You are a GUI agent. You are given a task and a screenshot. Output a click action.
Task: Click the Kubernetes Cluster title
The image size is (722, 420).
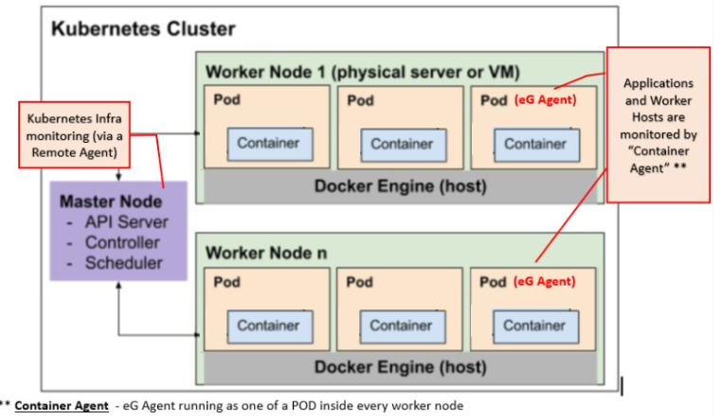tap(143, 28)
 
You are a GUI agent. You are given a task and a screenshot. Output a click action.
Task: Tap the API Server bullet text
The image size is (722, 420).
tap(126, 222)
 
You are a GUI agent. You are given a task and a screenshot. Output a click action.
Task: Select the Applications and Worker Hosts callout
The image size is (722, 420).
tap(658, 124)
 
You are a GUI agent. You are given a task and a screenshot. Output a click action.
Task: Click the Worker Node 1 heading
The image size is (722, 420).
tap(362, 72)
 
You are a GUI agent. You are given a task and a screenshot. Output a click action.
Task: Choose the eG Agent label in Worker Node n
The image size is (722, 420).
tap(545, 281)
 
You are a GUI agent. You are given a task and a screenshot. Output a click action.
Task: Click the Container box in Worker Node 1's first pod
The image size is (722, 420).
tap(268, 144)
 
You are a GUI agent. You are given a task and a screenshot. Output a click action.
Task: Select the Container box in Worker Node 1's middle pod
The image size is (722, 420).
tap(402, 144)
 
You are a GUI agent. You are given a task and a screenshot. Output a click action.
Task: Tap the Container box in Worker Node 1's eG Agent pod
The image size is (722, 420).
tap(534, 144)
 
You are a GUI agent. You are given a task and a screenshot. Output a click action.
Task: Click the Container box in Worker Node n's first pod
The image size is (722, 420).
tap(268, 324)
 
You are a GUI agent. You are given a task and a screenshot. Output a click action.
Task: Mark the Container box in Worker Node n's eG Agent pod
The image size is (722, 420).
tap(534, 324)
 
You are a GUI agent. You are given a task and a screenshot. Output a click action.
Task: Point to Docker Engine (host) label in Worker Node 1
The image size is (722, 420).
tap(400, 186)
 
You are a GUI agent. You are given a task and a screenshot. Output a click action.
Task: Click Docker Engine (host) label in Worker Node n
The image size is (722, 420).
tap(400, 367)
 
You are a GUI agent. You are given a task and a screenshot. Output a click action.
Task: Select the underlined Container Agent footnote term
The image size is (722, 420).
tap(61, 405)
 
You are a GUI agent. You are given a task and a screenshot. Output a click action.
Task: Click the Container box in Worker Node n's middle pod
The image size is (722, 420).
tap(402, 324)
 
